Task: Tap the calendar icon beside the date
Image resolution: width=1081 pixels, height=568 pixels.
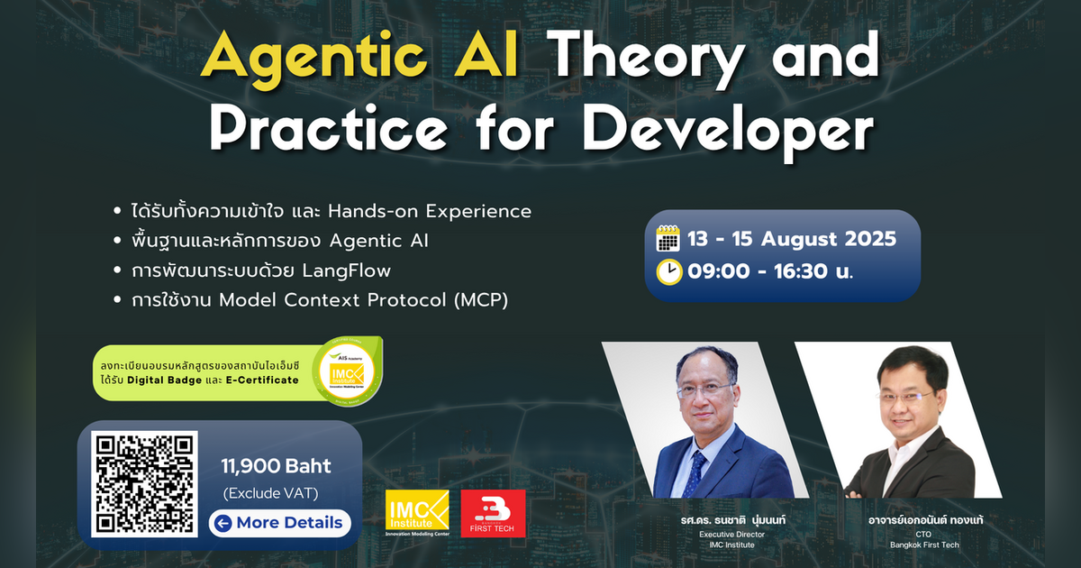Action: [668, 238]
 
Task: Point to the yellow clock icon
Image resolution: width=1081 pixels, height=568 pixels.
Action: [668, 271]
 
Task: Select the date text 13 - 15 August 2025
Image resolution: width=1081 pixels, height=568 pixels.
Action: [791, 239]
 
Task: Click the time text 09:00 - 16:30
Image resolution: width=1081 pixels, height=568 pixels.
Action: [758, 271]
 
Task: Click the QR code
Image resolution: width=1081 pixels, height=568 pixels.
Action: [144, 484]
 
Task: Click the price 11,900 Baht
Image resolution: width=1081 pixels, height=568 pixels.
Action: [277, 466]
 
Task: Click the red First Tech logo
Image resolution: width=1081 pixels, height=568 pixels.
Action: [493, 514]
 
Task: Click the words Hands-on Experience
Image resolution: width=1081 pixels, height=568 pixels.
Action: [429, 211]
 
